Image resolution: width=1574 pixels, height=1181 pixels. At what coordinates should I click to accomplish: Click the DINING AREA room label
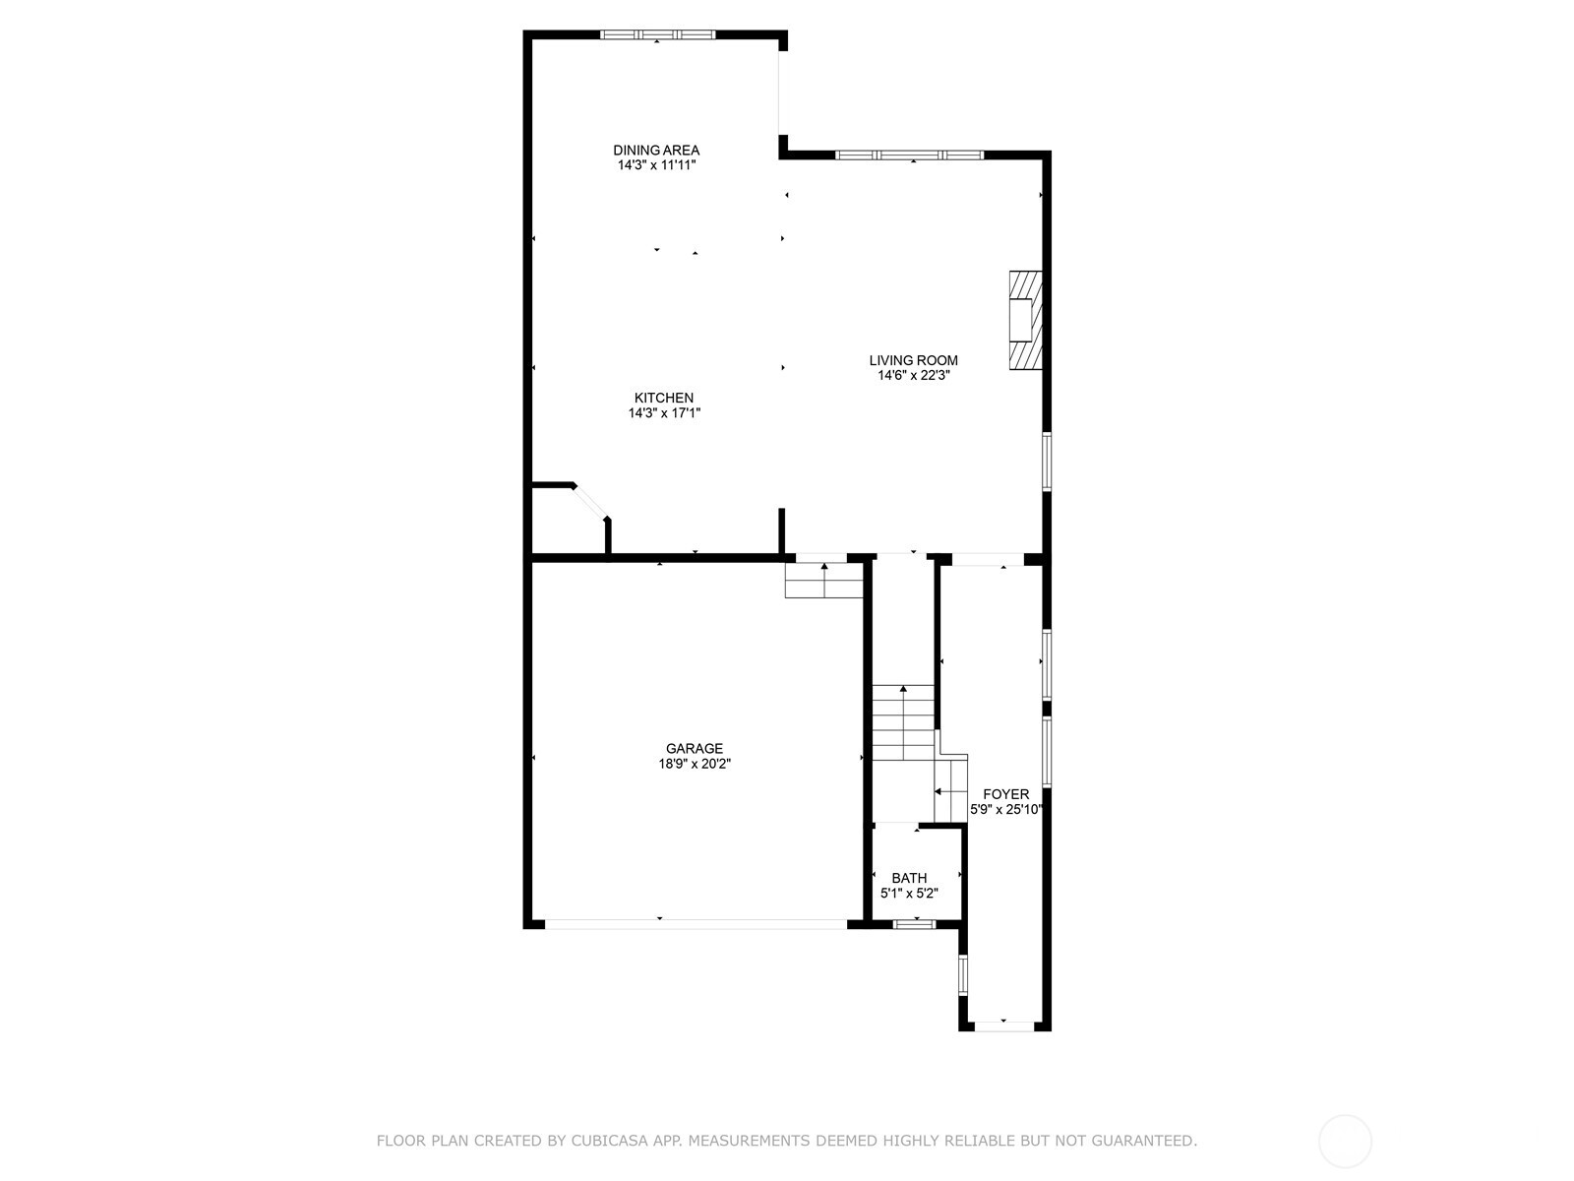[656, 151]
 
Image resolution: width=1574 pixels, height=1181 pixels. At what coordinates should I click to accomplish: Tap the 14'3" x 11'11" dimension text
[656, 165]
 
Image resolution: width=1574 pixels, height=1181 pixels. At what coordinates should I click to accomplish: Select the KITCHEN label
[664, 398]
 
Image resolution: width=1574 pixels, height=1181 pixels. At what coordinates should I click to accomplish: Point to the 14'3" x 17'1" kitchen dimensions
[664, 413]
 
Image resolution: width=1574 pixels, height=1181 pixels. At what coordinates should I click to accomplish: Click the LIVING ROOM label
[913, 360]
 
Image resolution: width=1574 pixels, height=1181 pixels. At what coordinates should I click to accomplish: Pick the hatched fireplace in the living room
[1024, 320]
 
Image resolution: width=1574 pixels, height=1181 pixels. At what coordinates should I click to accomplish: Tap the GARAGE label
[695, 748]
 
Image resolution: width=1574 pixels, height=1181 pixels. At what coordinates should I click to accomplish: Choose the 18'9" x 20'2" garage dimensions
[695, 764]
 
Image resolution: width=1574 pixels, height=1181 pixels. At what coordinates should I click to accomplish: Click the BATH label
[909, 878]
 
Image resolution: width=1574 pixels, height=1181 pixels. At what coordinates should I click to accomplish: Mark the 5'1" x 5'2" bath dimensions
[909, 894]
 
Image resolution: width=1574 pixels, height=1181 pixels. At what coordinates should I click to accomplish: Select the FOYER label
[1005, 794]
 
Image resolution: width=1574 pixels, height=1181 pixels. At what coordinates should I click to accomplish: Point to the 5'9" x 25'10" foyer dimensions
[1005, 810]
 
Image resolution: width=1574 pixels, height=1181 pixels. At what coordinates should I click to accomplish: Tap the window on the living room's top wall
[909, 155]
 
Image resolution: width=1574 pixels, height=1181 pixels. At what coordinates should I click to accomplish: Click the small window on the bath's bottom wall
[914, 923]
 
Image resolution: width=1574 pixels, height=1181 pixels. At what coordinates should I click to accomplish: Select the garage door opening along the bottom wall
[696, 924]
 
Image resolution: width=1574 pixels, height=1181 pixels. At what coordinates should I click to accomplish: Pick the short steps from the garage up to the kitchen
[823, 582]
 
